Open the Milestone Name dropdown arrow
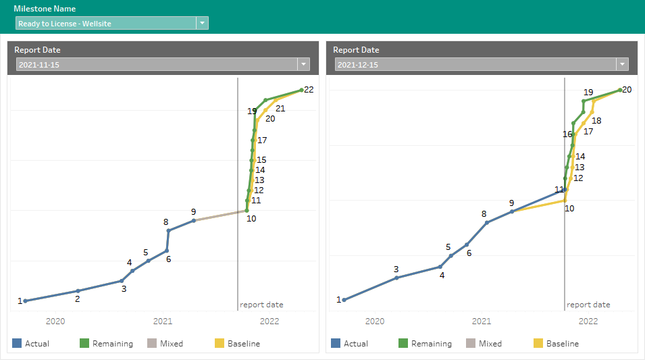[x=202, y=24]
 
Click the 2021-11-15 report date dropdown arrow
[x=303, y=64]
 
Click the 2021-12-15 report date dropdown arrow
[x=622, y=64]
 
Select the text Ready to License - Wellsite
[x=65, y=24]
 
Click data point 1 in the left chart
[x=25, y=301]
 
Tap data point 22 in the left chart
[x=301, y=90]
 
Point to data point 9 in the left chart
[x=194, y=220]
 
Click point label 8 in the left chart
[x=165, y=222]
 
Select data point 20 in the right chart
[x=620, y=90]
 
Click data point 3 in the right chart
[x=396, y=278]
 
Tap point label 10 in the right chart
[x=569, y=209]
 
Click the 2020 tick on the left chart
[x=55, y=321]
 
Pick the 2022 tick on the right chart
[x=588, y=321]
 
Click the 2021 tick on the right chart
[x=481, y=321]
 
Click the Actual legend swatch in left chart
[x=17, y=344]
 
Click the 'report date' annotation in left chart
[x=261, y=305]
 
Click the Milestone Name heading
[x=45, y=9]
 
